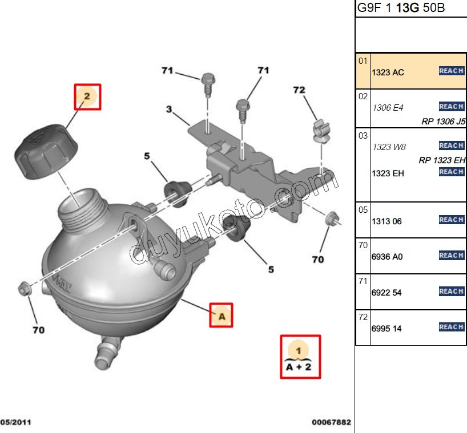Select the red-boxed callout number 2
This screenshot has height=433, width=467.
[x=87, y=96]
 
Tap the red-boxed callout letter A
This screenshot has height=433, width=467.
[x=222, y=314]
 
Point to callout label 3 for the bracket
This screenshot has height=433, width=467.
[x=169, y=108]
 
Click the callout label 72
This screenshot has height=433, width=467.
[x=299, y=90]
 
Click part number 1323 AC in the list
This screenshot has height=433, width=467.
[x=388, y=73]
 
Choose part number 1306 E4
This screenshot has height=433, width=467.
[x=388, y=108]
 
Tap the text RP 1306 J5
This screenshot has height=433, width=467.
[x=444, y=122]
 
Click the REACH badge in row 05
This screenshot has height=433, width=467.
[x=451, y=220]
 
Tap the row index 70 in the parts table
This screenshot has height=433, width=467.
[x=363, y=245]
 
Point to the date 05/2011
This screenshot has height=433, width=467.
[x=15, y=423]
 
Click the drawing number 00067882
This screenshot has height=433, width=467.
[x=331, y=423]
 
